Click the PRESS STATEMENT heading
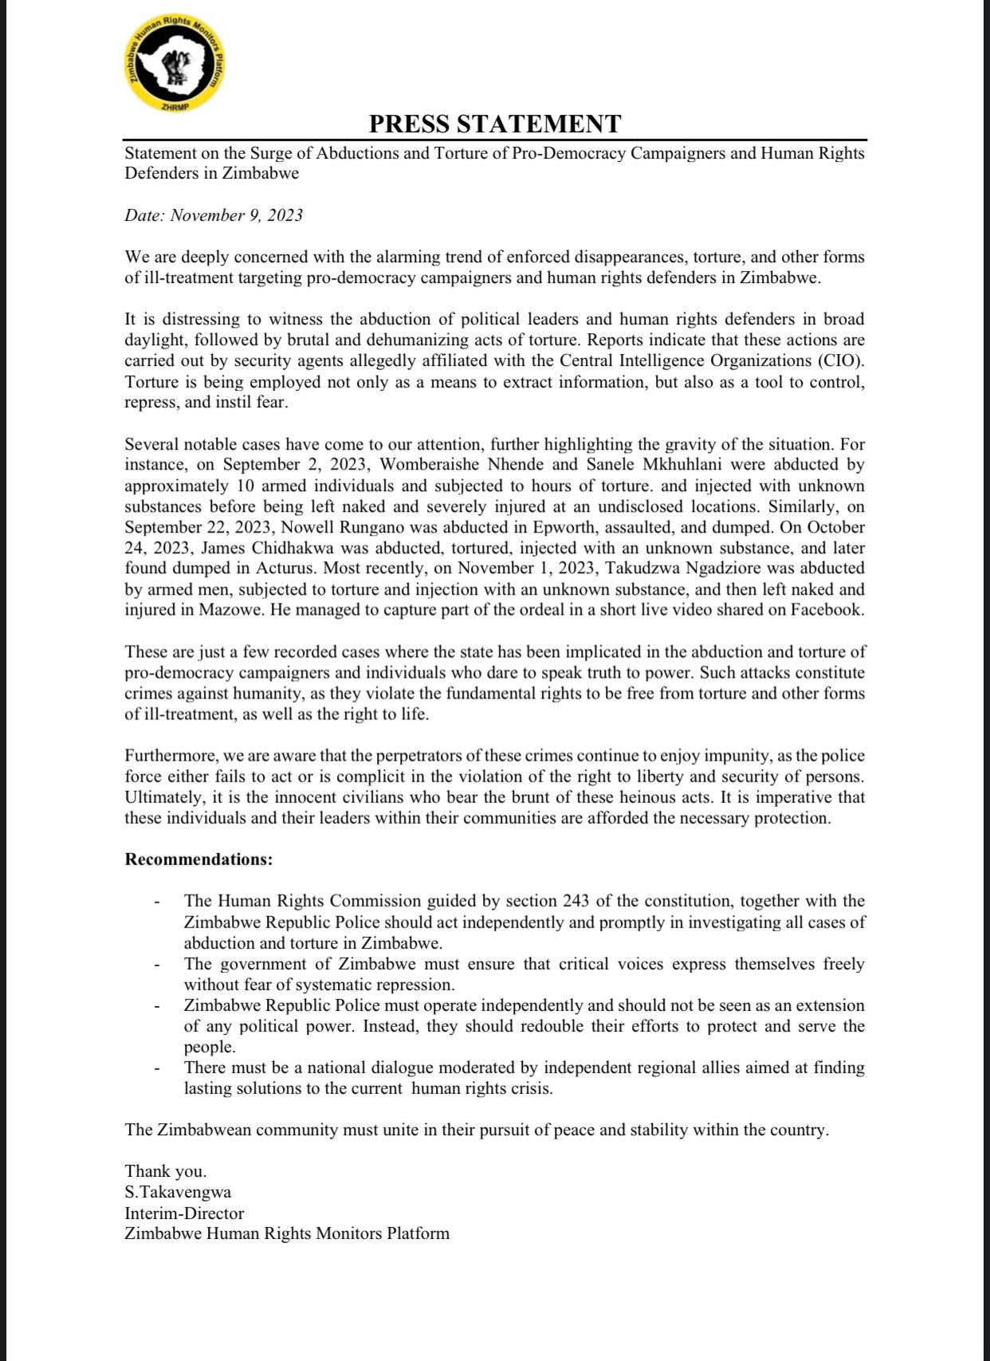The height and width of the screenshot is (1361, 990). point(494,124)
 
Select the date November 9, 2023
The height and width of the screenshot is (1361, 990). point(237,215)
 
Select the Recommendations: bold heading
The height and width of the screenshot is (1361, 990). point(198,859)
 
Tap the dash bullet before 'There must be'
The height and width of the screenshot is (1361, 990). point(157,1068)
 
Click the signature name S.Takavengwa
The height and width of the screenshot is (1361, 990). point(178,1193)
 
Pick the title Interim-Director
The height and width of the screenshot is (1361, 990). point(184,1213)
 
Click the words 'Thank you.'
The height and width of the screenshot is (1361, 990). point(165,1171)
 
